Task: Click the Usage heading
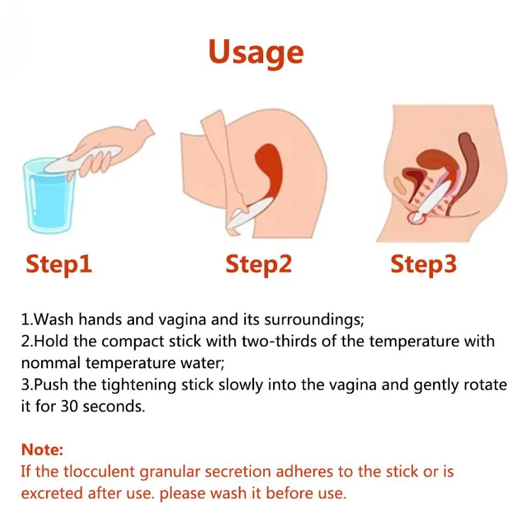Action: point(256,53)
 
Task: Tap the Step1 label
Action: point(59,264)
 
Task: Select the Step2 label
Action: point(258,264)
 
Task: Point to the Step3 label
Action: point(423,264)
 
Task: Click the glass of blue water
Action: point(51,196)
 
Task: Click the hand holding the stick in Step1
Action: point(110,150)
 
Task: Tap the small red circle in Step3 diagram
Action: point(416,218)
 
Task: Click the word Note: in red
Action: point(42,450)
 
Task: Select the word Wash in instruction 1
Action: point(54,319)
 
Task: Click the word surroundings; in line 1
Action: point(314,320)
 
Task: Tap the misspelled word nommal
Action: point(51,363)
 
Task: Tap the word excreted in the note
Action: point(52,493)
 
